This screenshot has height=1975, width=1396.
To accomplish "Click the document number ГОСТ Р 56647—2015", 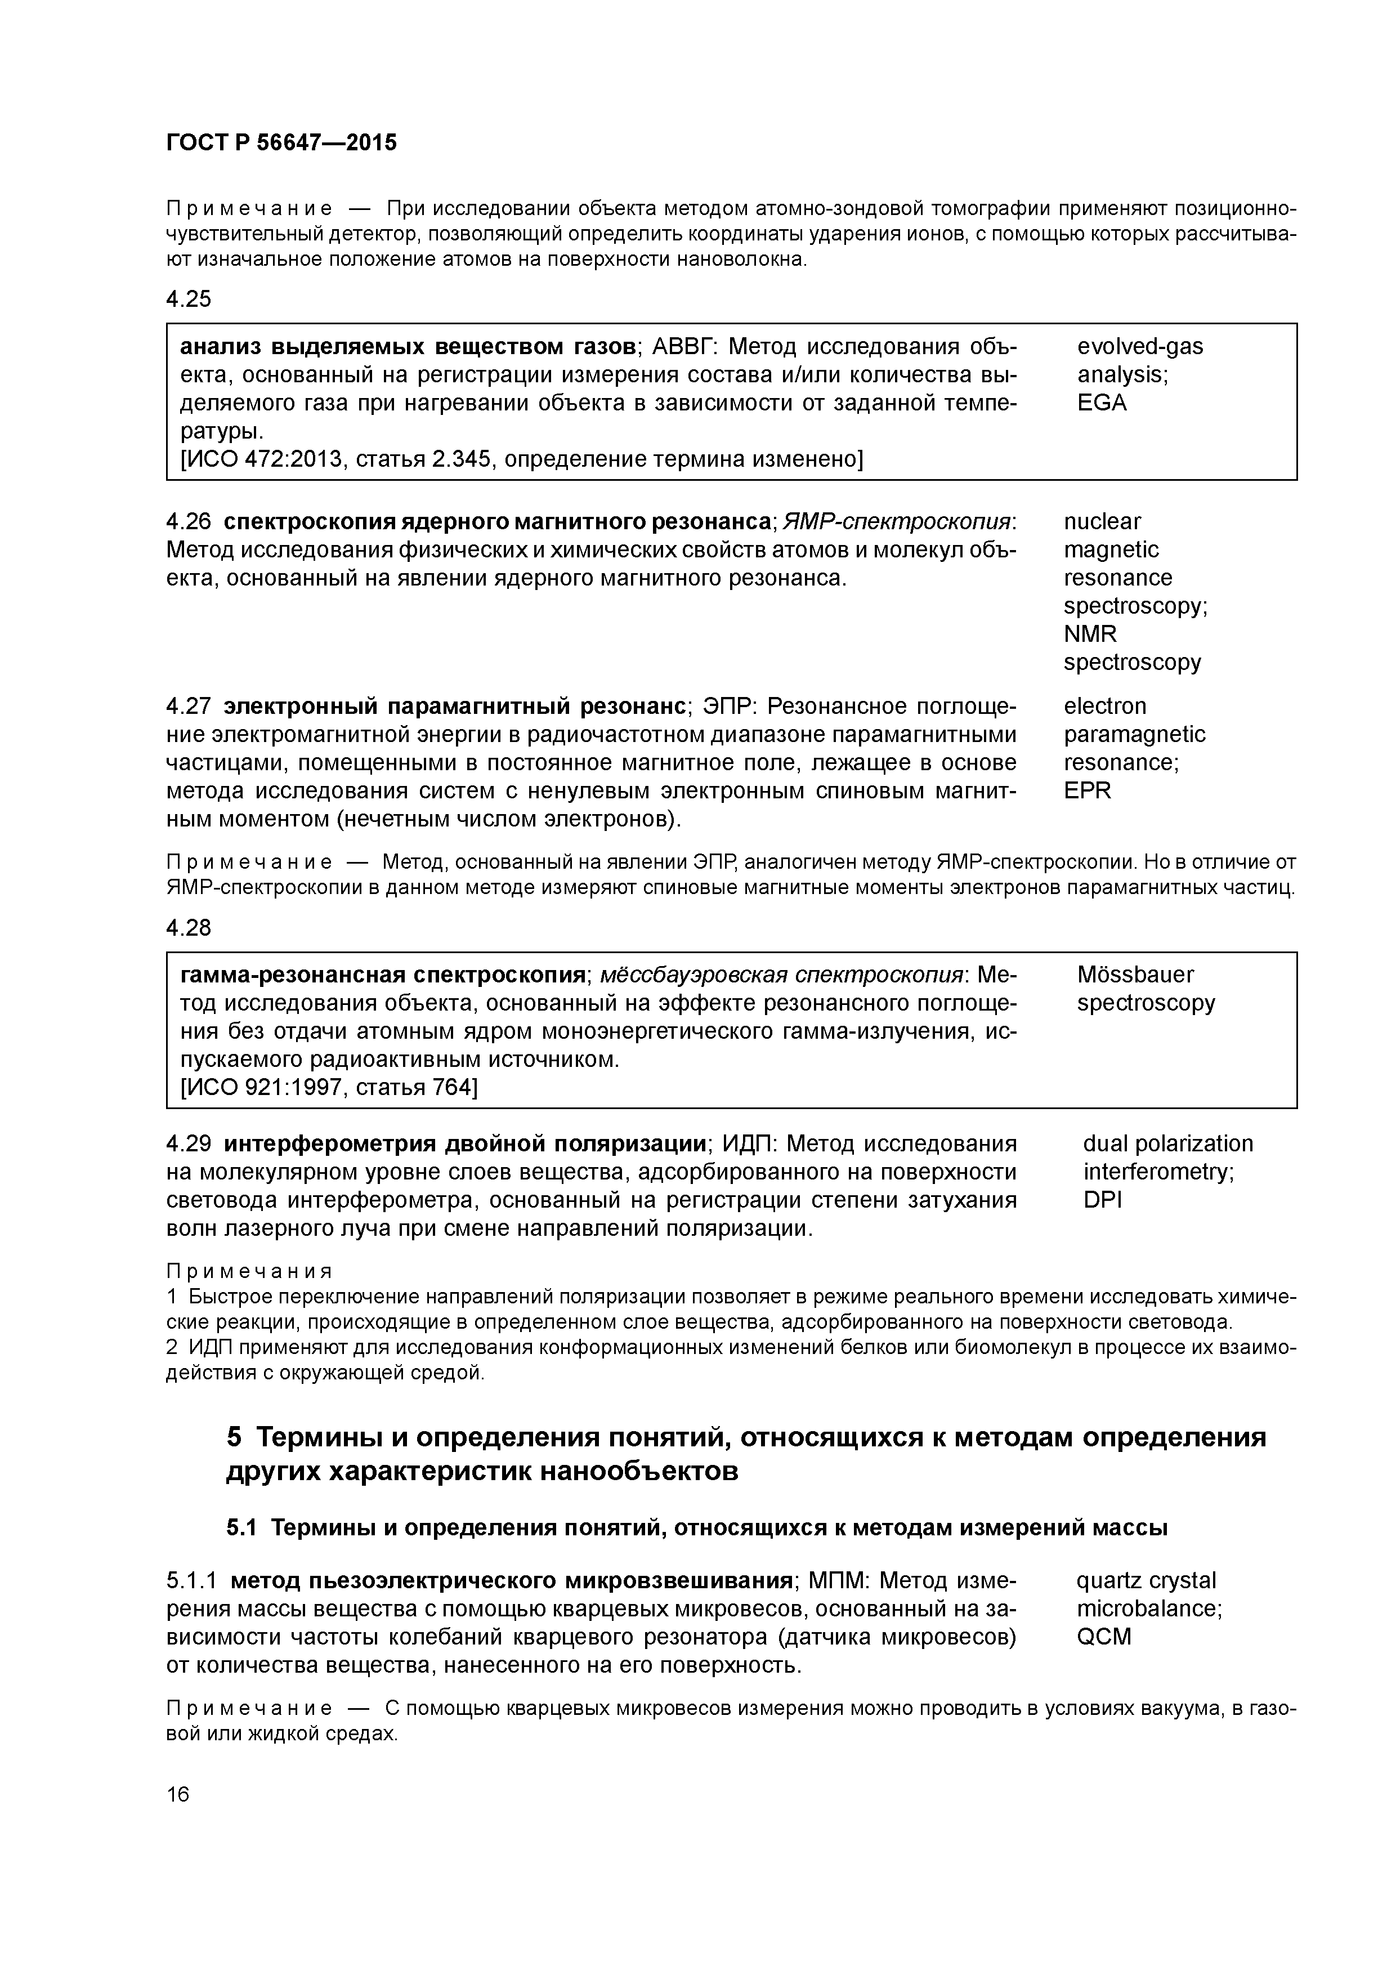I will tap(281, 143).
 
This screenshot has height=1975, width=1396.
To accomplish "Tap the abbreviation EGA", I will tap(1101, 404).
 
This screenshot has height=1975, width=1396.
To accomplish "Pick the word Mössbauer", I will tap(1134, 975).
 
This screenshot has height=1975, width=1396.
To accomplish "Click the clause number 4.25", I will tap(189, 300).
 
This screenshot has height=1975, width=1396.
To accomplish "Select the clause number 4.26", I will tap(189, 522).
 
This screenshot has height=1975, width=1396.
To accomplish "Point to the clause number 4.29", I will tap(189, 1144).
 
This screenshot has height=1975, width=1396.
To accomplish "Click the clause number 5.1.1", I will tap(193, 1581).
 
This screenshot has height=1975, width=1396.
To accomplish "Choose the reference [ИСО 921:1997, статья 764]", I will tap(329, 1088).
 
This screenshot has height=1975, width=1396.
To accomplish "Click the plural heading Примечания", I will tap(249, 1271).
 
